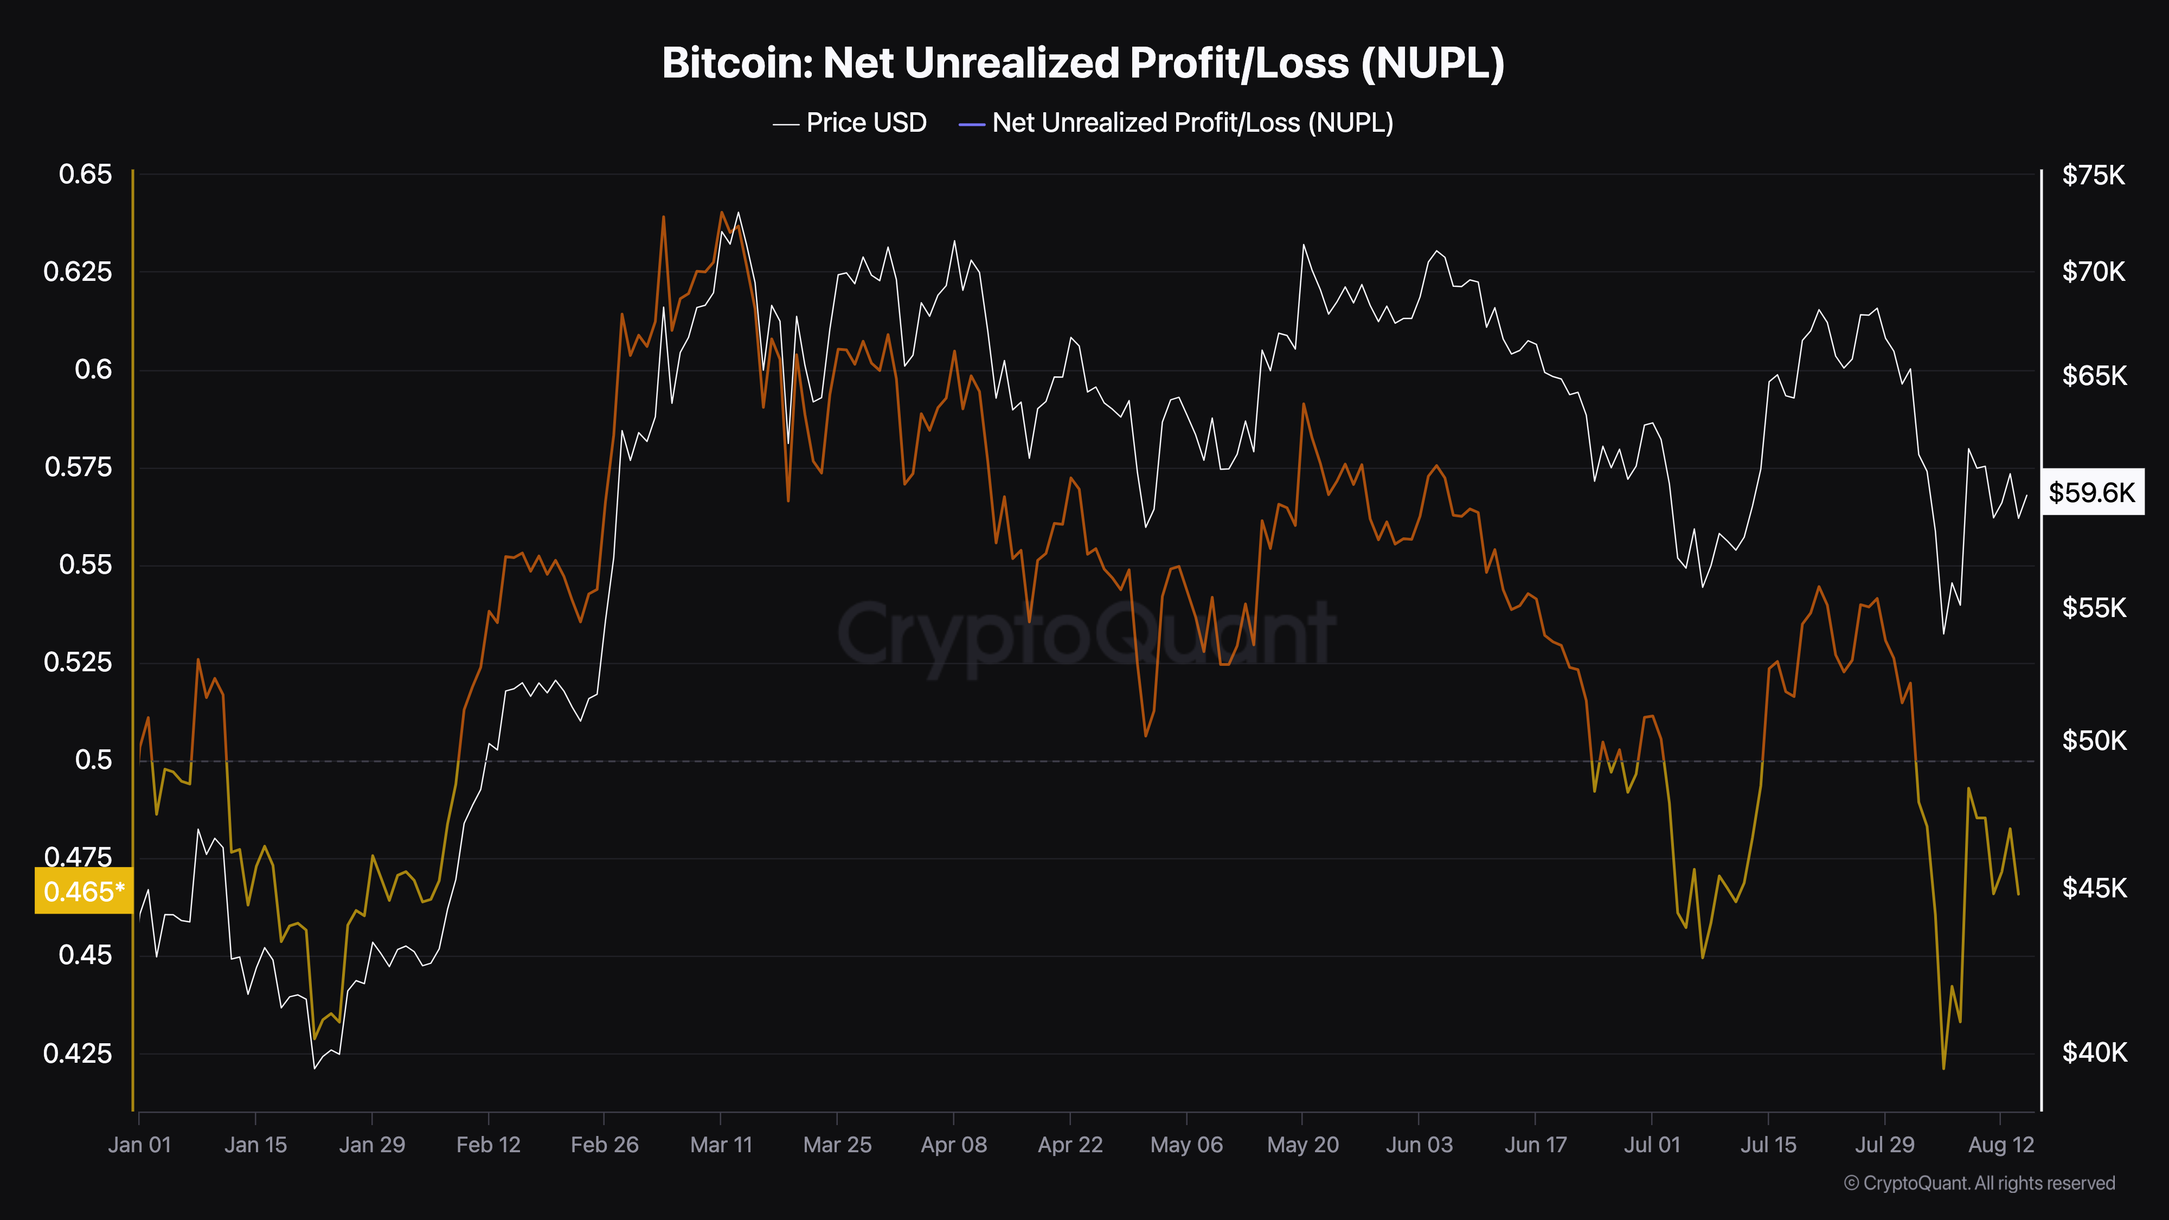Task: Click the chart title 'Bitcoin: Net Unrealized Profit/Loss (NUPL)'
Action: (1083, 63)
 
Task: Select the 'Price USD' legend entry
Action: (850, 123)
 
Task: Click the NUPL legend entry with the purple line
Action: (1176, 123)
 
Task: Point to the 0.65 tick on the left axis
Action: (85, 174)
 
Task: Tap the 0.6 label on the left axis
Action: (93, 370)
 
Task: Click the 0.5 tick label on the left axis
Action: (93, 760)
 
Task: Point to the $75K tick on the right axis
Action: (2093, 175)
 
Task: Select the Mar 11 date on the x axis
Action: (721, 1145)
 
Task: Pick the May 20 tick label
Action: (1302, 1145)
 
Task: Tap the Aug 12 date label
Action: (2000, 1145)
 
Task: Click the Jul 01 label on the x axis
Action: (1651, 1145)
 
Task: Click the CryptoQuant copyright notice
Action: (1979, 1183)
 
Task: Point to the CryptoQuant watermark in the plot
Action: (1086, 635)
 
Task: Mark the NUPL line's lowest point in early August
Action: (1943, 1068)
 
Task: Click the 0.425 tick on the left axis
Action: (78, 1054)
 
